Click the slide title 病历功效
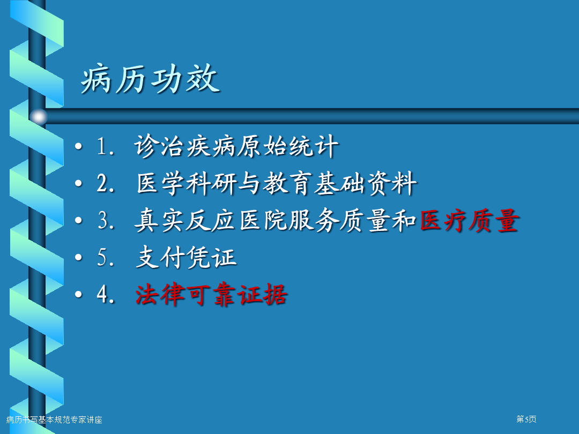click(150, 79)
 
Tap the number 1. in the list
click(105, 146)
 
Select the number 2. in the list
click(106, 183)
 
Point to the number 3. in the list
click(106, 220)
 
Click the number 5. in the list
click(106, 257)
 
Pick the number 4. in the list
click(106, 294)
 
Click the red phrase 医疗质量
click(470, 220)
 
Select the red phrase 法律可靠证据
click(211, 295)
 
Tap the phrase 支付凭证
click(186, 257)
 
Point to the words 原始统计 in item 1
click(287, 146)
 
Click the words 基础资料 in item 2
click(366, 183)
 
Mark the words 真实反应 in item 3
click(184, 220)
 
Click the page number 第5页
click(526, 419)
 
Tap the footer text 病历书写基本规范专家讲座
click(54, 420)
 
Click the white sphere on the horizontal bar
click(39, 117)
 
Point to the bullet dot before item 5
click(78, 257)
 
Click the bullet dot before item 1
click(78, 146)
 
